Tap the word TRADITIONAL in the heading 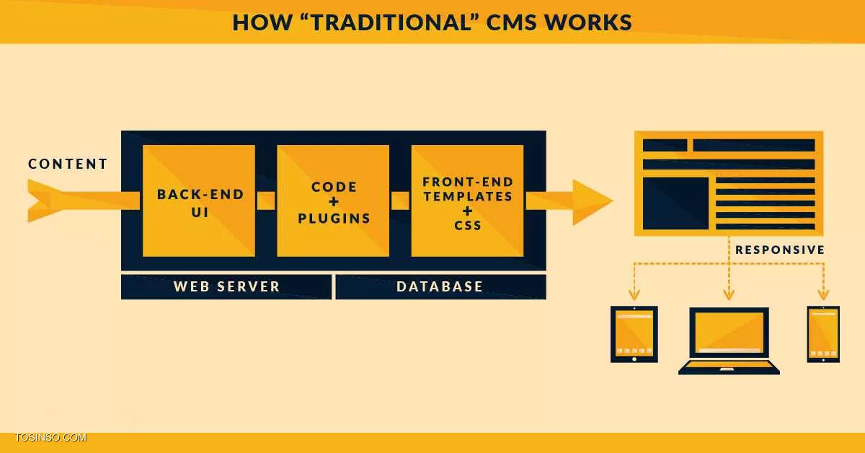(390, 22)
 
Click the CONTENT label (68, 164)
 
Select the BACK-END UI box (199, 201)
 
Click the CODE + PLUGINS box (333, 201)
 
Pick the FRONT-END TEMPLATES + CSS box (467, 201)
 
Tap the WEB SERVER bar (226, 287)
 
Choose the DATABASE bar (440, 287)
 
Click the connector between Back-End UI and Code (266, 201)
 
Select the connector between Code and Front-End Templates (400, 201)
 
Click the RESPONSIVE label (780, 250)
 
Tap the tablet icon (634, 334)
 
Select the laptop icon (729, 341)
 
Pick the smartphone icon (823, 334)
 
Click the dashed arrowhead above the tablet (634, 294)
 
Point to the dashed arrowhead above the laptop (729, 294)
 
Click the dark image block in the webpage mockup (676, 203)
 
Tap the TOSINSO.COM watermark (50, 438)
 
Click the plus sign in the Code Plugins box (334, 202)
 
